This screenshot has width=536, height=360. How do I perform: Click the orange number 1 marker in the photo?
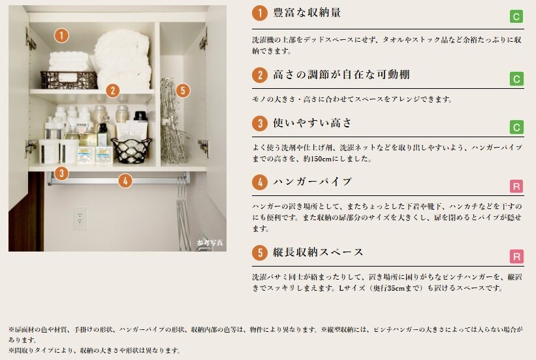(x=61, y=35)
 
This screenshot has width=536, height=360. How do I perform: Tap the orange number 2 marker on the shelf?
(x=112, y=91)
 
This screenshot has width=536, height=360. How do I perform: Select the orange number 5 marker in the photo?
(x=183, y=91)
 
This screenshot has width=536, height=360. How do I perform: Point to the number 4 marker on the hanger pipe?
(x=125, y=181)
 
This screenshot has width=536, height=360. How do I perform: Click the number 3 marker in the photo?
(x=61, y=173)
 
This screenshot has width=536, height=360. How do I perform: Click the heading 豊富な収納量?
(x=307, y=13)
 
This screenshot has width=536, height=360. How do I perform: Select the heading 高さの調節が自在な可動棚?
(x=341, y=74)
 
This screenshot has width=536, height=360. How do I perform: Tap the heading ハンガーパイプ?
(x=313, y=182)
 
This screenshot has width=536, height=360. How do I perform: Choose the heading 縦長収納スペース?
(x=318, y=252)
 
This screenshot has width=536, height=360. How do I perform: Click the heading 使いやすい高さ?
(x=313, y=123)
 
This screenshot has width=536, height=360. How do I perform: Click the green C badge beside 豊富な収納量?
(x=516, y=16)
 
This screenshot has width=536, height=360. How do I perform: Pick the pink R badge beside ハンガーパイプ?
(x=516, y=186)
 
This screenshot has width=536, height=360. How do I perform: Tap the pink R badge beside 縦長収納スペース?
(x=516, y=257)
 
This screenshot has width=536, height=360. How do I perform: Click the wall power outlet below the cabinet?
(x=80, y=218)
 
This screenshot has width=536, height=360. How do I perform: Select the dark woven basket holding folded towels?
(x=69, y=80)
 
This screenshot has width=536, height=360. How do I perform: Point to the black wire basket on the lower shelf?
(x=131, y=150)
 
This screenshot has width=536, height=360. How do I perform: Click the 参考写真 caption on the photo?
(x=210, y=242)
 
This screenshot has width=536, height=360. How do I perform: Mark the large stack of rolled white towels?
(x=123, y=59)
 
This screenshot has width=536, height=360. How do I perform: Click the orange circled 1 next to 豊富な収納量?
(x=260, y=13)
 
